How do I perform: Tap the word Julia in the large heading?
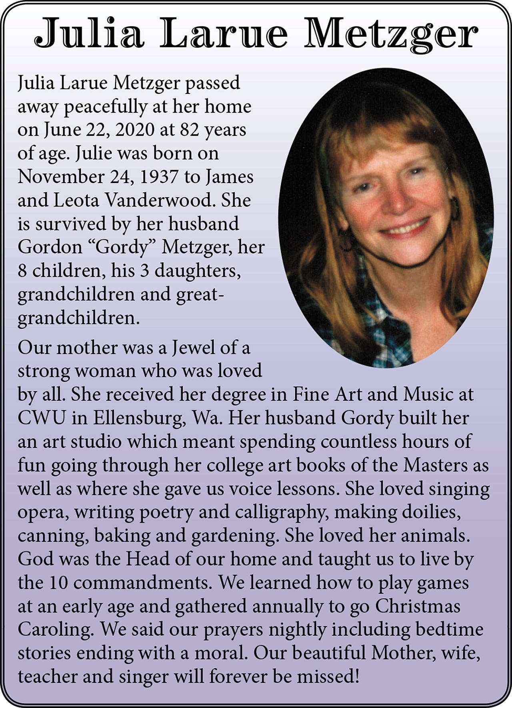tap(89, 34)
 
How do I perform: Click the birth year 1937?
tap(158, 177)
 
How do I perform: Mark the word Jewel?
tap(194, 348)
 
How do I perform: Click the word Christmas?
tap(418, 606)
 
